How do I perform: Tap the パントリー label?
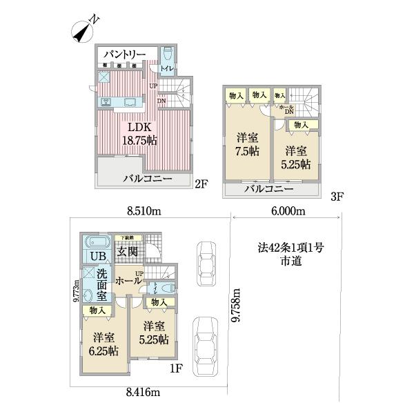click(x=124, y=53)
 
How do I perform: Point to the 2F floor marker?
click(x=200, y=184)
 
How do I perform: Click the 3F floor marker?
click(x=337, y=197)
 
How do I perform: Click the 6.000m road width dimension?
click(x=284, y=210)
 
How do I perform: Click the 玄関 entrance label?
click(x=128, y=252)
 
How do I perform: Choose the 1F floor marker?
click(x=176, y=368)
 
